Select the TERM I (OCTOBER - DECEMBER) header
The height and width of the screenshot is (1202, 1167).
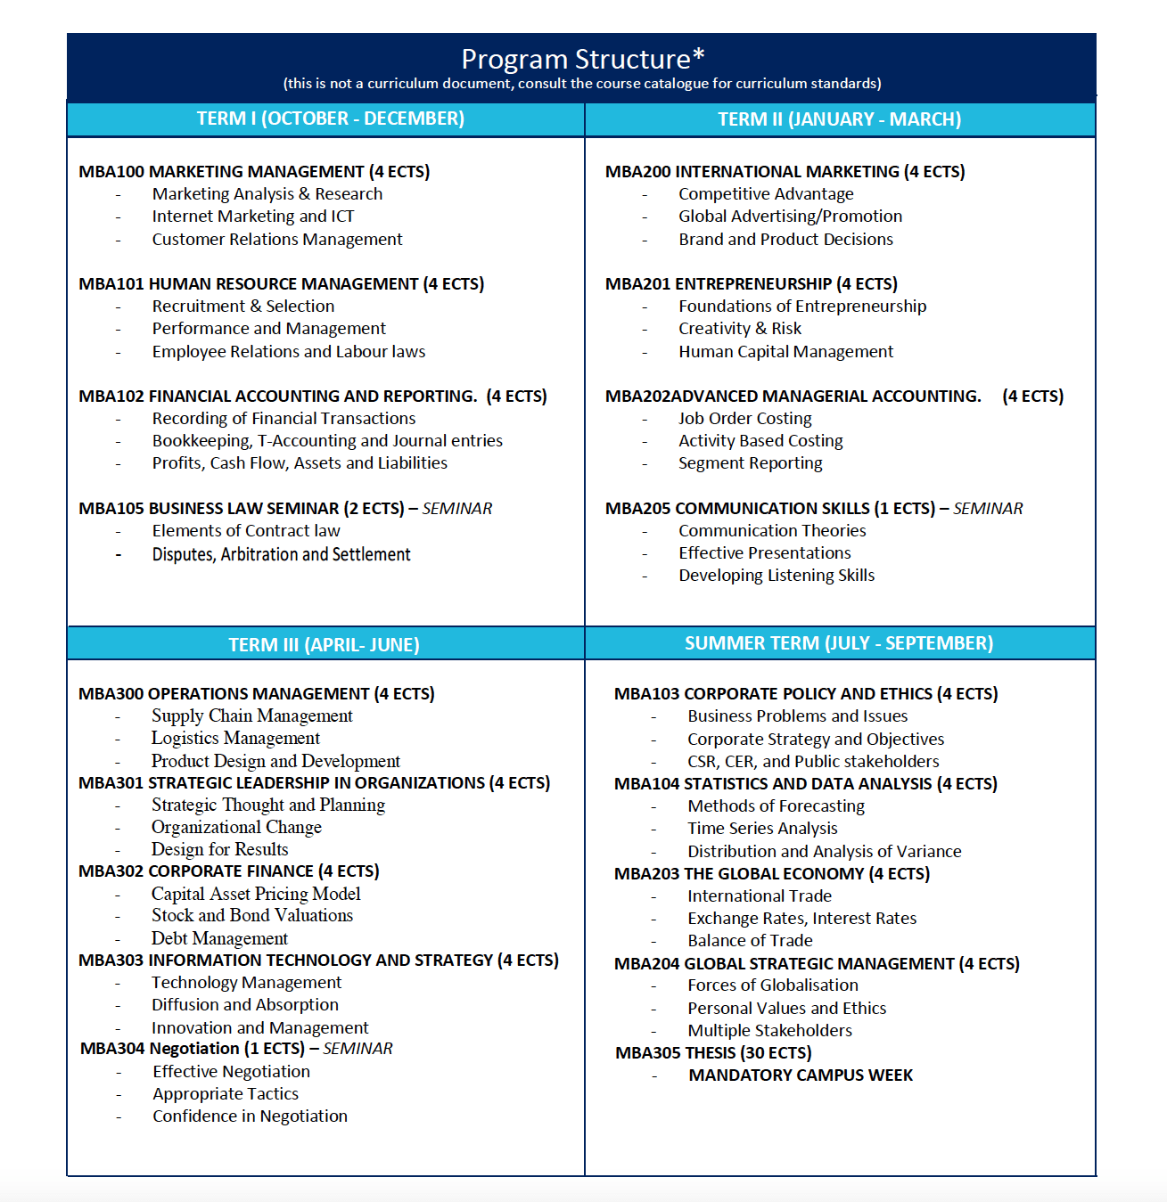(330, 119)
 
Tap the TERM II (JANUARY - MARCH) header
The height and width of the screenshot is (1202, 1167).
(839, 119)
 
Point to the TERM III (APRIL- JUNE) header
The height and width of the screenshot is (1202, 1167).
(324, 644)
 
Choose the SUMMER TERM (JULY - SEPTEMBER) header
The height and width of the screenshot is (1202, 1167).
(838, 643)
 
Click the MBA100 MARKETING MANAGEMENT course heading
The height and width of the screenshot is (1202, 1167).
(254, 171)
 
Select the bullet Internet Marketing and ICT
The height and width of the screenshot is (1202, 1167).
(253, 217)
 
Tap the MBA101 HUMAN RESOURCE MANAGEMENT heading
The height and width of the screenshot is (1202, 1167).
(281, 283)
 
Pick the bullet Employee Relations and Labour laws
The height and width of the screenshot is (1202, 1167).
(289, 352)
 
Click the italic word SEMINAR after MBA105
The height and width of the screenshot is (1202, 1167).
(456, 509)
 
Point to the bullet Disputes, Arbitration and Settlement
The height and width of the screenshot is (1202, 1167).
(281, 554)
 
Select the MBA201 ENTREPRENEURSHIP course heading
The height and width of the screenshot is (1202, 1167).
(751, 283)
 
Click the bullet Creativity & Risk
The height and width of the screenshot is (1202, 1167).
(740, 329)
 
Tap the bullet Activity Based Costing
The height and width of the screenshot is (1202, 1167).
(760, 441)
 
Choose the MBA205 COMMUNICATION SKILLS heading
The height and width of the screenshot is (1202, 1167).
(769, 509)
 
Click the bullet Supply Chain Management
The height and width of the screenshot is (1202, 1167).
(252, 716)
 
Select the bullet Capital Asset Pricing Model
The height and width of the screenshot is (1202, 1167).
(256, 894)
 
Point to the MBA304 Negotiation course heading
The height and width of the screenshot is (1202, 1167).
(192, 1049)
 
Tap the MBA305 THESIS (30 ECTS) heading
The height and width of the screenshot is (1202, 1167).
(713, 1053)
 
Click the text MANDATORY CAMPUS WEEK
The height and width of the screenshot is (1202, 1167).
(801, 1075)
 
